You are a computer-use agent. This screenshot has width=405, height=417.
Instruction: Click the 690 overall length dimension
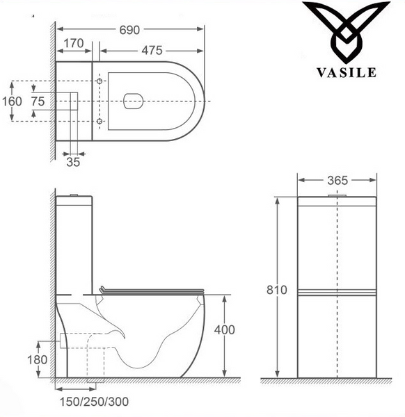tap(129, 30)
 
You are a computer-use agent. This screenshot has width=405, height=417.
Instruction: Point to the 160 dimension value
tap(12, 101)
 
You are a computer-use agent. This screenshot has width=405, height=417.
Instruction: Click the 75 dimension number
tap(38, 101)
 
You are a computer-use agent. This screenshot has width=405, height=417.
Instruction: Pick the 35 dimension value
tap(74, 162)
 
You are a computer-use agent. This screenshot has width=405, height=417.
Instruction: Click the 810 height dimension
tap(277, 290)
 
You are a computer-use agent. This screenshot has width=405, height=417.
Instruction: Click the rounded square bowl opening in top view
tap(135, 101)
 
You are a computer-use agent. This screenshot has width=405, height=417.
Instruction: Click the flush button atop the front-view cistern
tap(337, 195)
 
